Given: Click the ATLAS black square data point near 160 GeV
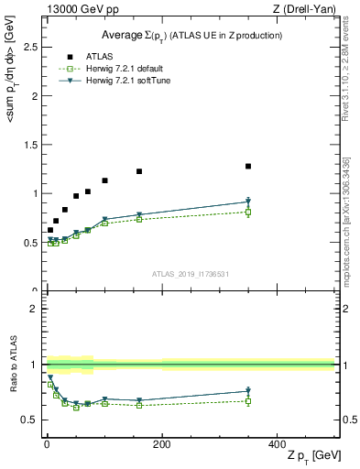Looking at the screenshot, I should [x=138, y=171].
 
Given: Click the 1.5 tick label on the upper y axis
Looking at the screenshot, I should [x=31, y=144].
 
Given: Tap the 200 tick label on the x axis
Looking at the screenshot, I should [x=161, y=444].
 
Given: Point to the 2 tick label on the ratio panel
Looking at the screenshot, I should [x=34, y=309].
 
